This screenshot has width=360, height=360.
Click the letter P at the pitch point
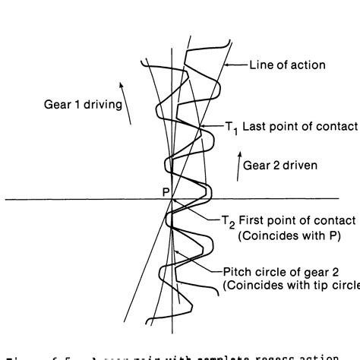166,193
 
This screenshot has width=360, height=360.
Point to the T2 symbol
227,222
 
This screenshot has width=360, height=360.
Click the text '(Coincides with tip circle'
291,286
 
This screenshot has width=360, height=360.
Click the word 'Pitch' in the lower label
237,271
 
